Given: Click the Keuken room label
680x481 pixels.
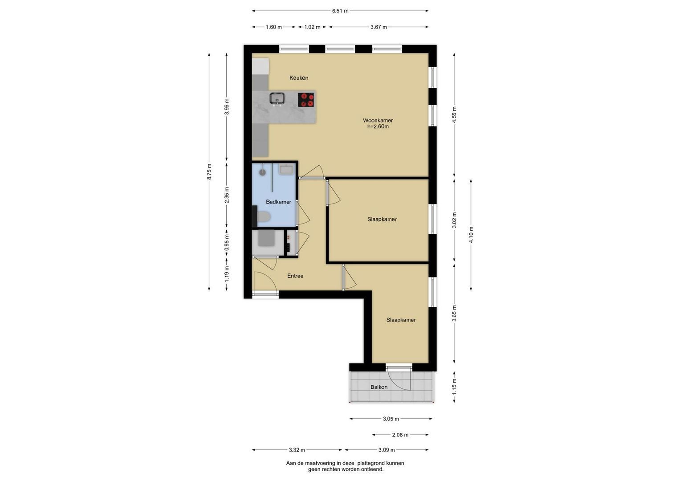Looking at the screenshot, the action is (x=299, y=78).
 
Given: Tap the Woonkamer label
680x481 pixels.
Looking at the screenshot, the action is (x=378, y=120).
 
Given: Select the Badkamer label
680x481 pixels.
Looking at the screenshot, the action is (x=278, y=202).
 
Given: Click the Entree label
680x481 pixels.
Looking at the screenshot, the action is (x=295, y=276).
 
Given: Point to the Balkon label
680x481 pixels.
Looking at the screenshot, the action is (x=379, y=387).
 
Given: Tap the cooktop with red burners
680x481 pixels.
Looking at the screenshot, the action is (x=305, y=100).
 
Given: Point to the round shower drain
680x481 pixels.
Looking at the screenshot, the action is (x=262, y=172).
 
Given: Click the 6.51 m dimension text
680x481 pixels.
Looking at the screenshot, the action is (x=340, y=11).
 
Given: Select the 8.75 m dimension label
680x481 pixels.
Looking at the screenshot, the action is (x=209, y=171).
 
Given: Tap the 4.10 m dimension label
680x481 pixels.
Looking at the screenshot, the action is (x=471, y=235).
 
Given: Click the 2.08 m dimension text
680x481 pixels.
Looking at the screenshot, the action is (x=400, y=435).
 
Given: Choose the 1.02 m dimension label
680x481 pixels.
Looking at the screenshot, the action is (x=312, y=27).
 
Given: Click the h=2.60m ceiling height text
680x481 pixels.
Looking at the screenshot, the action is (x=378, y=126).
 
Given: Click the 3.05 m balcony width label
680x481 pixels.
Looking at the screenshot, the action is (x=391, y=419).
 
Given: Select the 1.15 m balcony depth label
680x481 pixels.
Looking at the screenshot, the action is (x=454, y=387).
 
